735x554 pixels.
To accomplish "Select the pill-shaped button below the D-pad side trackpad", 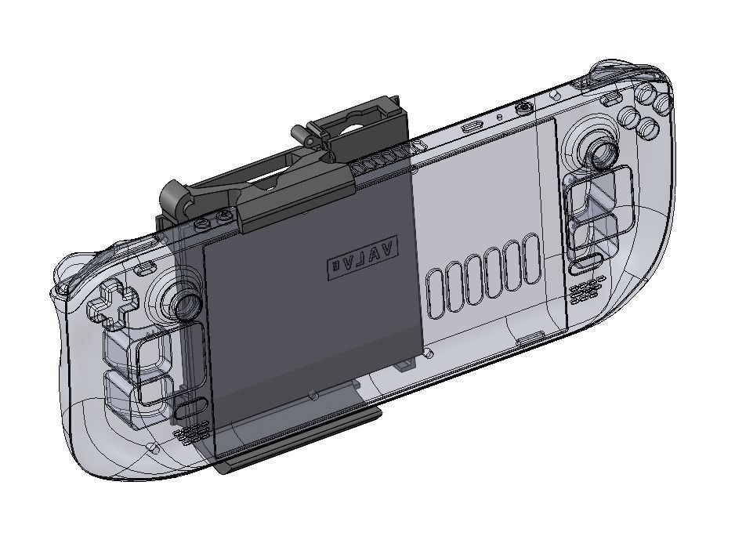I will (190, 407).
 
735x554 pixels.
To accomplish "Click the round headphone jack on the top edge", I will (524, 106).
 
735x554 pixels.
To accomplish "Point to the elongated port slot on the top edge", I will (472, 125).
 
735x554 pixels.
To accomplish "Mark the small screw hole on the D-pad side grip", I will (154, 448).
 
